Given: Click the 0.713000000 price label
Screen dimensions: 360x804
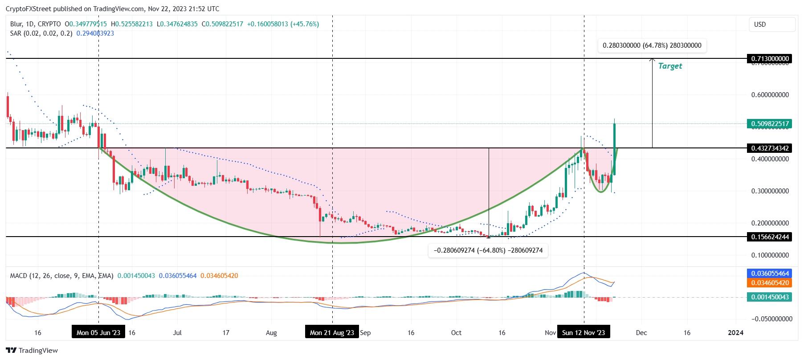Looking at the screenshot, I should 770,59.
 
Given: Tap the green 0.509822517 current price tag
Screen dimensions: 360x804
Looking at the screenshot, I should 770,124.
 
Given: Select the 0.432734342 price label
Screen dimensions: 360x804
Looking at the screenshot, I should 770,148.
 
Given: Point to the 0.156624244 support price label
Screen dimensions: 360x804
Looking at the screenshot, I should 770,237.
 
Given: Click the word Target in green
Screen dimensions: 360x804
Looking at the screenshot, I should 670,66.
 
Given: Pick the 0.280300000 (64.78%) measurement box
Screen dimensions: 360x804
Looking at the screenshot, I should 652,45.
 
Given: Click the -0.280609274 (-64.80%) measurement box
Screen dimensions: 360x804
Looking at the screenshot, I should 488,250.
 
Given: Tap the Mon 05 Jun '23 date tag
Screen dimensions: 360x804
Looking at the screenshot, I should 98,332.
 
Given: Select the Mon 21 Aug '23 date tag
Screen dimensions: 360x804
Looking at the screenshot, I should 332,332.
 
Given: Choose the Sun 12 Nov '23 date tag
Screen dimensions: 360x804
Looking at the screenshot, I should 584,332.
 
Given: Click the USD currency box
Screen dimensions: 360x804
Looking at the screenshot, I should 772,25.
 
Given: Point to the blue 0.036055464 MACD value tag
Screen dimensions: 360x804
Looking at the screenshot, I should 770,274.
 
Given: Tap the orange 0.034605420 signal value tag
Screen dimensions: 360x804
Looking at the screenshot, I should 770,283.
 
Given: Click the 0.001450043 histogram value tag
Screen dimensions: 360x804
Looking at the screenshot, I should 770,297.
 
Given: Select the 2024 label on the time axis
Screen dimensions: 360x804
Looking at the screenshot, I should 735,332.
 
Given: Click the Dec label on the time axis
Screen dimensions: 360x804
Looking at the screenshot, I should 641,332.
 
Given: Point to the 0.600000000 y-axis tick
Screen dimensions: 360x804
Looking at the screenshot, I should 770,95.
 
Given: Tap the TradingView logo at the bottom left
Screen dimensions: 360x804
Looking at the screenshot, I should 32,350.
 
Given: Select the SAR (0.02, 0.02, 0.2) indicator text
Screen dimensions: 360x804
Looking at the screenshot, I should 41,33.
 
